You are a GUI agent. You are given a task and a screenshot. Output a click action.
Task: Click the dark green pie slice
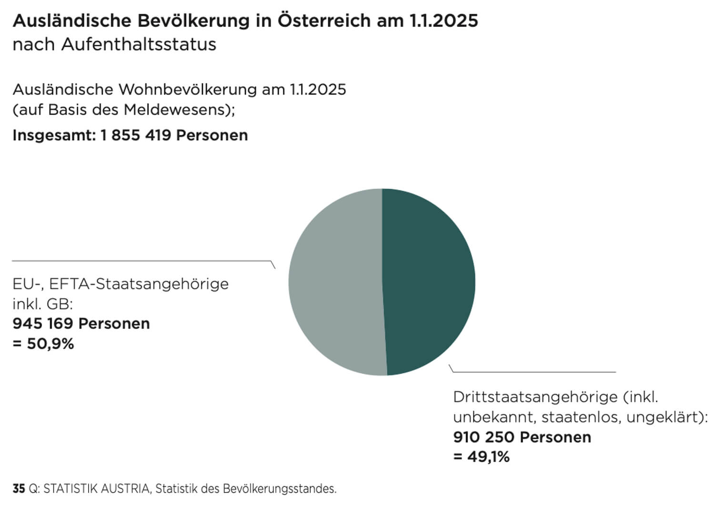pyautogui.click(x=429, y=281)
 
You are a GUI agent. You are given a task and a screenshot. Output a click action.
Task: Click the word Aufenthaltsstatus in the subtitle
pyautogui.click(x=139, y=44)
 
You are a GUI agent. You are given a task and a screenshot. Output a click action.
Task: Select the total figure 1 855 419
pyautogui.click(x=136, y=135)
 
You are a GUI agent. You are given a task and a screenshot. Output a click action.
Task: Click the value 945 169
pyautogui.click(x=43, y=324)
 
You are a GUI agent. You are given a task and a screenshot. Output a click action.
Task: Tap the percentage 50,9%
pyautogui.click(x=50, y=344)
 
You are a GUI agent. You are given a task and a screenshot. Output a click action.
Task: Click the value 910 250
pyautogui.click(x=483, y=437)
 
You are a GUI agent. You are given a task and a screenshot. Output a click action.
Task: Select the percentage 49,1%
pyautogui.click(x=488, y=457)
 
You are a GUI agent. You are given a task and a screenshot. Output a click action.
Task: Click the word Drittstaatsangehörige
pyautogui.click(x=535, y=397)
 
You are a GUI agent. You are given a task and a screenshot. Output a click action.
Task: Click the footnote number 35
pyautogui.click(x=19, y=489)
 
